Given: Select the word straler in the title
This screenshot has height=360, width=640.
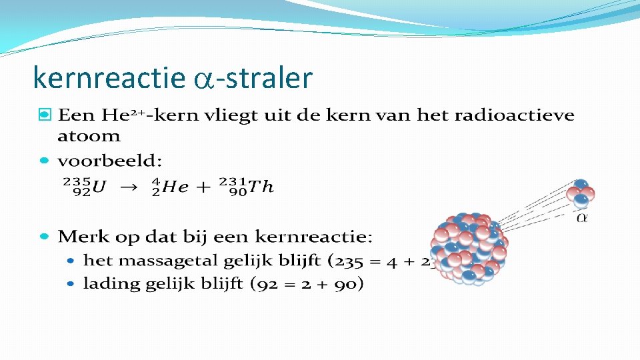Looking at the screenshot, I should pyautogui.click(x=269, y=79).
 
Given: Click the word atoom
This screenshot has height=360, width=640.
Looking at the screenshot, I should pyautogui.click(x=89, y=136).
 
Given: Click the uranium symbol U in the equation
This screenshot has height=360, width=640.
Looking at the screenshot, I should pyautogui.click(x=99, y=188).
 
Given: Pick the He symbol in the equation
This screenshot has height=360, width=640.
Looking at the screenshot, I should pyautogui.click(x=175, y=188).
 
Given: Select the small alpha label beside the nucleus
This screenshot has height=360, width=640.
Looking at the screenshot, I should pyautogui.click(x=582, y=217).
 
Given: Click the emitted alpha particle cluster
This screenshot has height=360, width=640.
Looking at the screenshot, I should pyautogui.click(x=580, y=194).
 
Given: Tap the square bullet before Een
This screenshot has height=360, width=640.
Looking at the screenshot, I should pyautogui.click(x=44, y=115).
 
